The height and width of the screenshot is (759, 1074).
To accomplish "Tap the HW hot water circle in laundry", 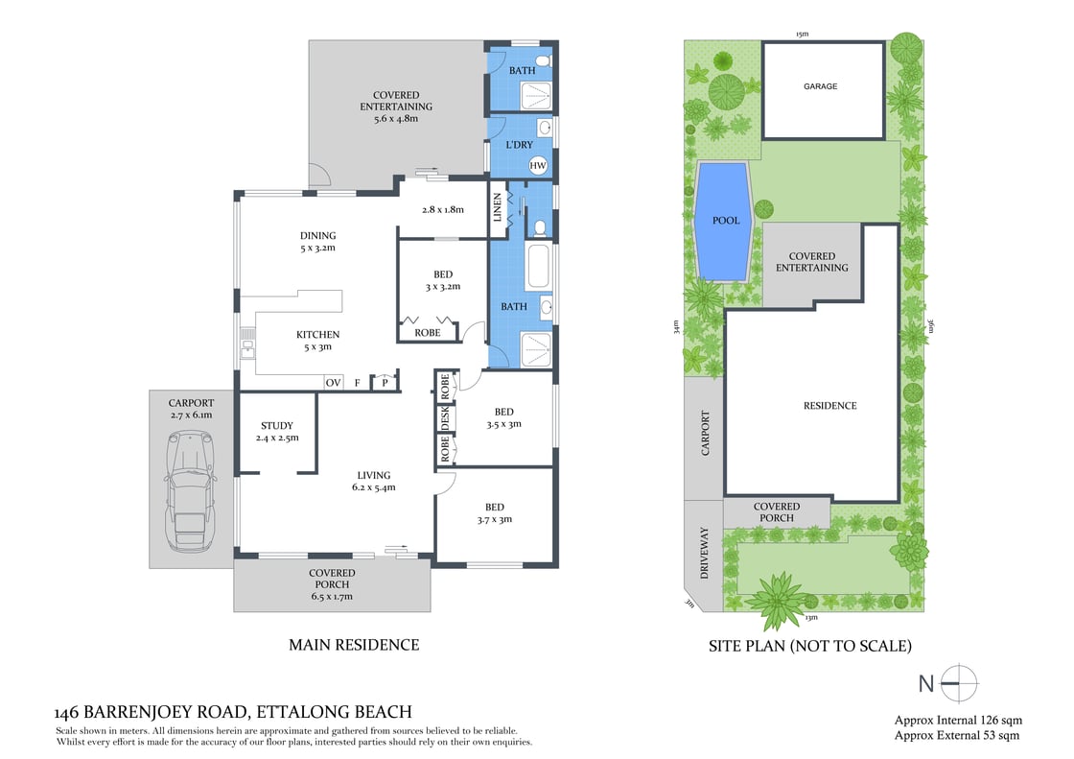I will click(x=538, y=165).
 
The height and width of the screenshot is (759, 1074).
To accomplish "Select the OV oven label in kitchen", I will click(x=333, y=383).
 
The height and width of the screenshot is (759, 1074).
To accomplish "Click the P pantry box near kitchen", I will click(x=385, y=382).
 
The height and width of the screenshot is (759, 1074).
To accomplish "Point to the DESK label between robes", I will click(x=445, y=418).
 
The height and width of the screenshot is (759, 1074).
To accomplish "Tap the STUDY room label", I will click(x=277, y=425).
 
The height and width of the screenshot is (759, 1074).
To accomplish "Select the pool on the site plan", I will click(x=725, y=221).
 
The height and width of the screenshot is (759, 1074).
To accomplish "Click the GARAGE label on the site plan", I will click(x=820, y=86).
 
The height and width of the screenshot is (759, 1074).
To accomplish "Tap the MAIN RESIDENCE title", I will click(x=354, y=645).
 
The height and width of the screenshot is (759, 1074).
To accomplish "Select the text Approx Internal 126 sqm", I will click(x=958, y=720).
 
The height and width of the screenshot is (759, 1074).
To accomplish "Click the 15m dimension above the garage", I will click(x=801, y=35).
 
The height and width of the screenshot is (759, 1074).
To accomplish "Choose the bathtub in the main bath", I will click(x=537, y=268).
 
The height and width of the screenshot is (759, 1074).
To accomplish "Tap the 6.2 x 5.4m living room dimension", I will click(x=373, y=487).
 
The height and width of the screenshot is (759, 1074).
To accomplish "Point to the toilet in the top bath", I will click(x=543, y=62).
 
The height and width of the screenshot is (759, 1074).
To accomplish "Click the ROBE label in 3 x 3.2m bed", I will click(x=428, y=333).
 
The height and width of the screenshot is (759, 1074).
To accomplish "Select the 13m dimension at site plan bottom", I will click(x=812, y=617).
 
